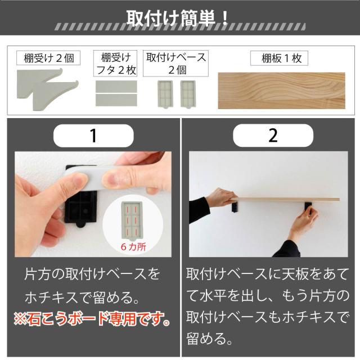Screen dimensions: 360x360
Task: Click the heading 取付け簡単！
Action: [177, 18]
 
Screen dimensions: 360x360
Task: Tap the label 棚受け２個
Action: [48, 58]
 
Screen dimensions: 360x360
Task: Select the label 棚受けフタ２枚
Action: [115, 64]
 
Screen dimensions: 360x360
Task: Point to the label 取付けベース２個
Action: [175, 64]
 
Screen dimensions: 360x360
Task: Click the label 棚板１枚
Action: [279, 58]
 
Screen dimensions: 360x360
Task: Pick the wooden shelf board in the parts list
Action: [281, 91]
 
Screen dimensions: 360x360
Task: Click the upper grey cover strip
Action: [116, 86]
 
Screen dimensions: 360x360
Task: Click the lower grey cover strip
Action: [116, 100]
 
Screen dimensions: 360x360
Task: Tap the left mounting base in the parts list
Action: [165, 94]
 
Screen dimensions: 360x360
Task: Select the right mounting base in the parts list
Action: [188, 94]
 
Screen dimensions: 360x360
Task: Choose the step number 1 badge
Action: [93, 136]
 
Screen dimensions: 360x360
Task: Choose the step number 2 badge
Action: [273, 136]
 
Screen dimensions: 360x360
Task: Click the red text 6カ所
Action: [133, 247]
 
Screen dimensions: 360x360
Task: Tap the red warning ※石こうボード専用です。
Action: [92, 319]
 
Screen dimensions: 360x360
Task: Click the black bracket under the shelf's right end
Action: [309, 208]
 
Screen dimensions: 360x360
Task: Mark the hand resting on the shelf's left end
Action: [220, 197]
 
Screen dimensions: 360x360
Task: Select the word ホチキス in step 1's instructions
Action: [51, 297]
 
